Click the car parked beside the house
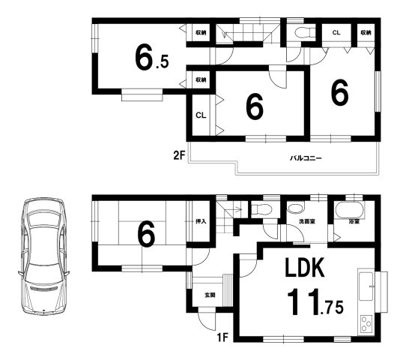coord(43,256)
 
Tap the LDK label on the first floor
coord(305,268)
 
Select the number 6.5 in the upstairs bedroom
coord(151,57)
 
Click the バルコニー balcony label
coord(306,157)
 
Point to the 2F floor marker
coord(179,155)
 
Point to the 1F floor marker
coord(222,337)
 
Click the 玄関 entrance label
coord(210,295)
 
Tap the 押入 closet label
coord(201,221)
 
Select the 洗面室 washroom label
coord(307,221)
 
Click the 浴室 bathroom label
coord(354,221)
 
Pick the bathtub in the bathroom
coord(350,210)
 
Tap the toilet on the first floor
coord(261,209)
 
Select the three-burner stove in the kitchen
coord(366,323)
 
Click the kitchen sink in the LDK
coord(366,286)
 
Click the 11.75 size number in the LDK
coord(315,302)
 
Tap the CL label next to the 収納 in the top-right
coord(336,33)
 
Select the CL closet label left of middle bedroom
coord(201,115)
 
